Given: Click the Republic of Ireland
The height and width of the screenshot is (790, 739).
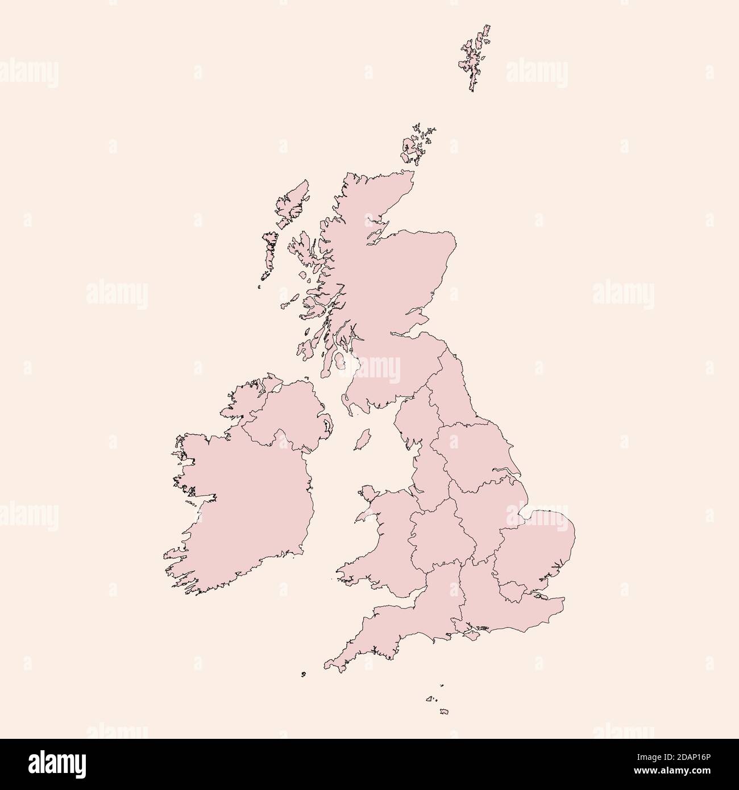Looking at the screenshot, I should (x=250, y=500).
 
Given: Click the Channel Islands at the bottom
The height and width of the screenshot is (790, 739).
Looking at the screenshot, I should (x=443, y=711).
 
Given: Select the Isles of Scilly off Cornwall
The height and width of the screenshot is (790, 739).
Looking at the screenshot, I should (x=304, y=675).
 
